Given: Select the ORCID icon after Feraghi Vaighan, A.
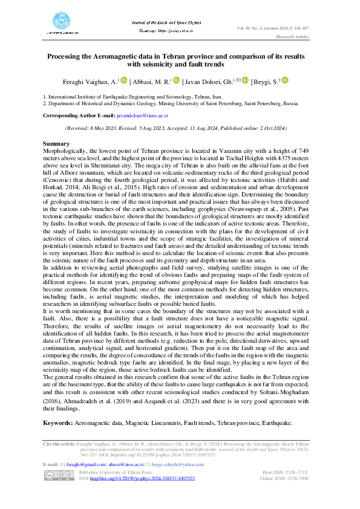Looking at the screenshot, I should pos(124,80).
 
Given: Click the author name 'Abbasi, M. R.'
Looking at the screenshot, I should pos(151,81).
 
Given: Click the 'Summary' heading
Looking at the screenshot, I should pos(55,143).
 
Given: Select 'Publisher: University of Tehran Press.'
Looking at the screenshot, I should pos(116,472).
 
